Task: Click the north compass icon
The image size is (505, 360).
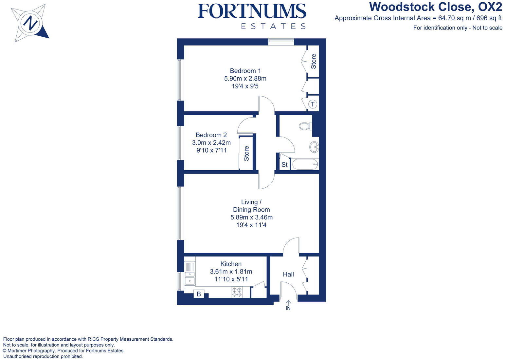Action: [x=30, y=23]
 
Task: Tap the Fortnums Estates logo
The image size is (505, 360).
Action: [x=252, y=16]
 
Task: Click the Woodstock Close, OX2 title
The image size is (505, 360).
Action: [x=435, y=7]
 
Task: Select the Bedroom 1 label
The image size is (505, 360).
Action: [x=245, y=71]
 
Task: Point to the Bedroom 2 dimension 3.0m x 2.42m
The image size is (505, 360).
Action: [x=211, y=143]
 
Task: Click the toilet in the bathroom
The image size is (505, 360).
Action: [x=306, y=126]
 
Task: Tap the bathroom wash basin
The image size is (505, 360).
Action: [x=314, y=147]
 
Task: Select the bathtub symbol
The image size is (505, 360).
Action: [x=305, y=164]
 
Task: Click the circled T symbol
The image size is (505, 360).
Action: [x=313, y=104]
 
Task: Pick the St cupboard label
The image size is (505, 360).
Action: [x=284, y=165]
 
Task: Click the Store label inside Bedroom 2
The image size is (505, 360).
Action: [x=246, y=153]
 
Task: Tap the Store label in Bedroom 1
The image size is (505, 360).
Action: [x=313, y=61]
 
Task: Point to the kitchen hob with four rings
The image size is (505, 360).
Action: [x=237, y=292]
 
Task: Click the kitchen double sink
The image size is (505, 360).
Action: [x=189, y=277]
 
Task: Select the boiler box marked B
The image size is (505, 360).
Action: [x=199, y=294]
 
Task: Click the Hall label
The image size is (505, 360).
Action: [x=288, y=275]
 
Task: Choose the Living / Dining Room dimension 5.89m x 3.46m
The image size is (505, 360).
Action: [x=251, y=218]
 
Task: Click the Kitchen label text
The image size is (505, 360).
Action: [x=231, y=264]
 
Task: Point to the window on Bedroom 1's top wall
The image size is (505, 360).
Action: [x=281, y=41]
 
